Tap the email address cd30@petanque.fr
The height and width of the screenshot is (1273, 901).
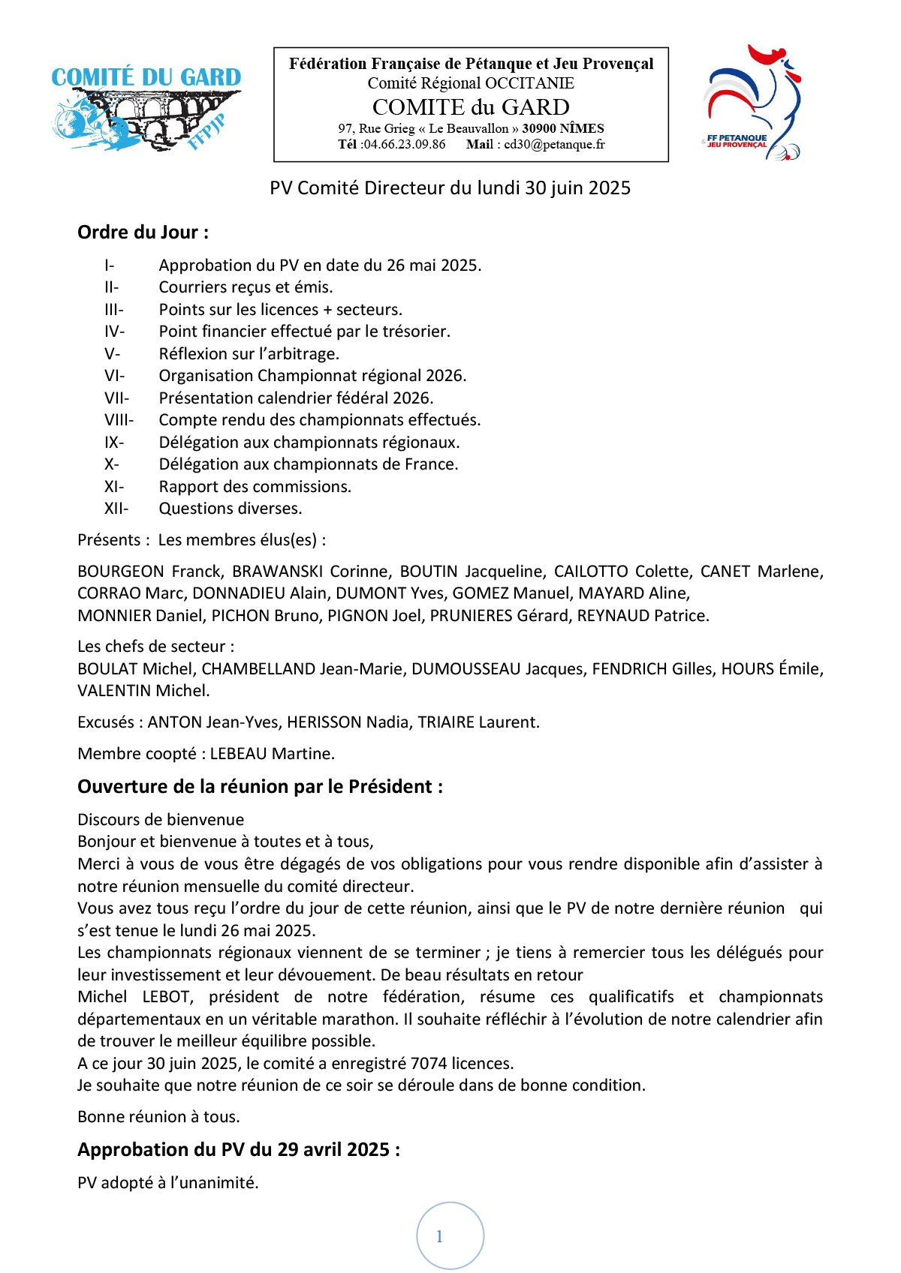[554, 145]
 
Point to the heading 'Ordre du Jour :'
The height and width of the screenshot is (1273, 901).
[143, 233]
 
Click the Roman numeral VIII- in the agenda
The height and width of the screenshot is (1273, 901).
[119, 420]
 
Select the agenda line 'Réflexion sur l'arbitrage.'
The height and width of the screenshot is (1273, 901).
[249, 354]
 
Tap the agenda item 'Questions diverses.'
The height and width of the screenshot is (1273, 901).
[230, 509]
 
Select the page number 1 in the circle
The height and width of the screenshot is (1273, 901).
[440, 1236]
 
